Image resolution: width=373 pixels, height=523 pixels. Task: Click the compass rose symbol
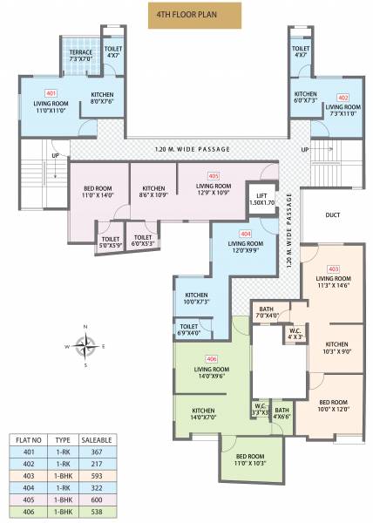85,346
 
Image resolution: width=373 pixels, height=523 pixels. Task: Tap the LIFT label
261,199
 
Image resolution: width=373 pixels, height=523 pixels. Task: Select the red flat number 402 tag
342,97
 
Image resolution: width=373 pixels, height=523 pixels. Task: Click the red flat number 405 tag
214,176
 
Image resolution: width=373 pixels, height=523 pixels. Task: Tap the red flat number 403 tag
333,269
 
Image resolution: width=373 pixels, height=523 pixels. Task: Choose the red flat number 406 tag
212,359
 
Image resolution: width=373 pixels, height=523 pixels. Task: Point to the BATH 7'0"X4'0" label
267,311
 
